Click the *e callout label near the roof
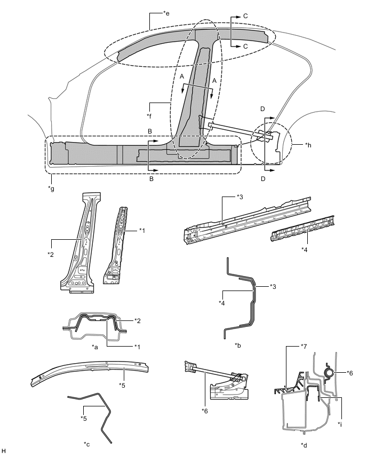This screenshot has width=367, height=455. (x=165, y=13)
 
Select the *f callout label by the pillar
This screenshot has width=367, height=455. (x=149, y=114)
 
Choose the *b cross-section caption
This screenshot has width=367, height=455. (x=238, y=346)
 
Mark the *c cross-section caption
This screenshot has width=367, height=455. (x=87, y=443)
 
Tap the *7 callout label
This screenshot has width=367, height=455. (x=288, y=347)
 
